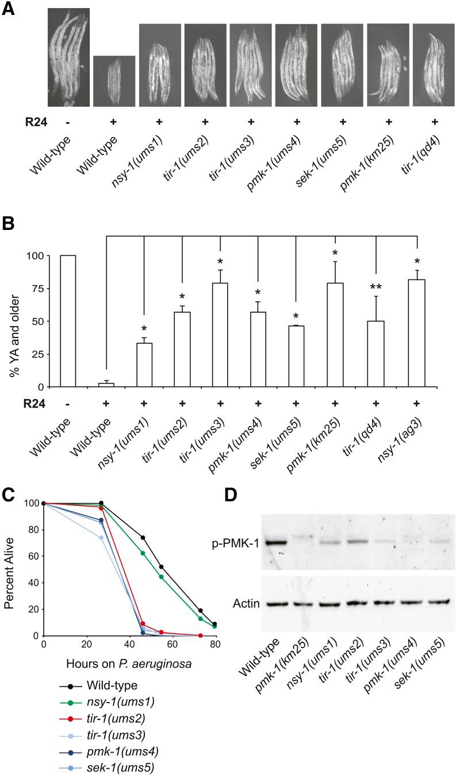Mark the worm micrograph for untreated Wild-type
(68, 57)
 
